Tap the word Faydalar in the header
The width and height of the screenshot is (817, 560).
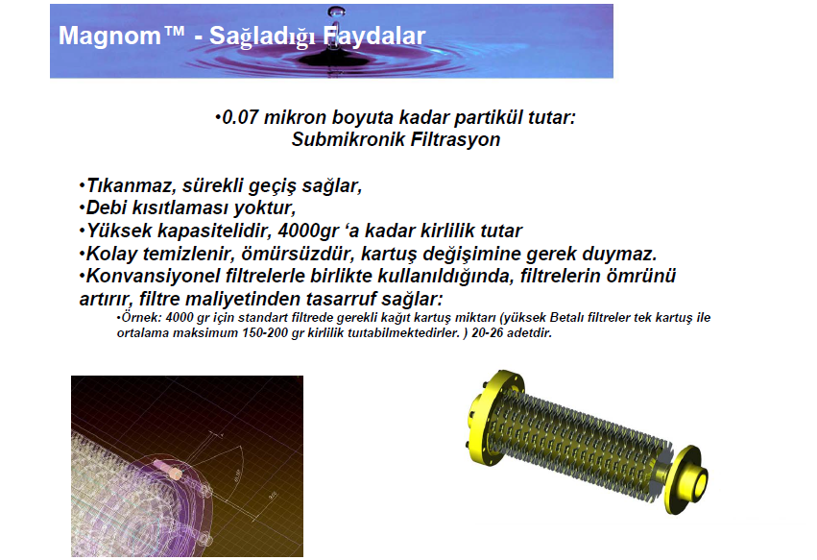(374, 36)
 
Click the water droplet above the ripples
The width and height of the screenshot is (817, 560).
(336, 12)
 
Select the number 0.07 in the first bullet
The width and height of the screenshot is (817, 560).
(240, 117)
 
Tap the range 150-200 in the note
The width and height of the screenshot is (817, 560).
(264, 332)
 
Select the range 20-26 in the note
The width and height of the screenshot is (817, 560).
(487, 332)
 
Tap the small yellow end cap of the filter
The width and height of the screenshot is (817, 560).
(686, 479)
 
